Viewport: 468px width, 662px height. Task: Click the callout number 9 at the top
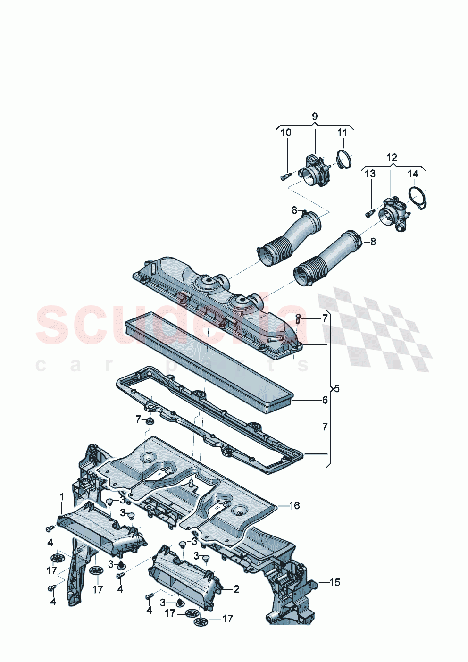(315, 116)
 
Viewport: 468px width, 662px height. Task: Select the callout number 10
(286, 133)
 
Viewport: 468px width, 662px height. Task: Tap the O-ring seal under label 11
(344, 159)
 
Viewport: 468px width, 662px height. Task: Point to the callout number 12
(392, 158)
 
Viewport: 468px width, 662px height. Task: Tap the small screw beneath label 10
(285, 177)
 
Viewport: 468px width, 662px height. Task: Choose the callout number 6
(325, 400)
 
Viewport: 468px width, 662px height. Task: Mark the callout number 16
(294, 505)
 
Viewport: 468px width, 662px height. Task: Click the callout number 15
(334, 582)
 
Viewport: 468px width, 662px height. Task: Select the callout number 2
(236, 588)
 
